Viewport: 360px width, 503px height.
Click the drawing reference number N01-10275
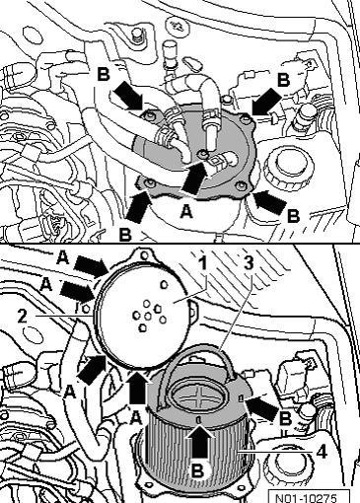point(305,498)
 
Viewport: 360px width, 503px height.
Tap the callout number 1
point(203,263)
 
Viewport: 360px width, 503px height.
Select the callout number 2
point(22,316)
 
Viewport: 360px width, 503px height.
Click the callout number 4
point(322,452)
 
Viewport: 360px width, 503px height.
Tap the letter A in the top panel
point(186,211)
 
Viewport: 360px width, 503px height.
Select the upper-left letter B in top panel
point(104,75)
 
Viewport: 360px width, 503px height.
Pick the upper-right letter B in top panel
point(283,80)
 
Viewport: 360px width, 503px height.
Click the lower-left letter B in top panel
point(125,235)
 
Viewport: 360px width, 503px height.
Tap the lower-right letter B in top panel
point(293,216)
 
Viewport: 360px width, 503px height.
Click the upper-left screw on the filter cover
point(150,115)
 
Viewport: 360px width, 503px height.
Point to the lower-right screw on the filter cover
point(243,186)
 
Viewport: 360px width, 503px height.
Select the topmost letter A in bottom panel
point(62,257)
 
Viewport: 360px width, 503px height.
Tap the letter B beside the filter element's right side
point(285,419)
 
